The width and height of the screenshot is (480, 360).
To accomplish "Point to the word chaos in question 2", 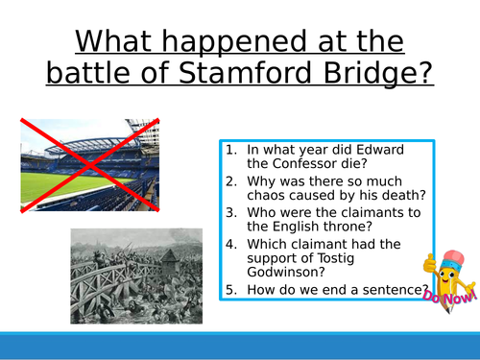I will tap(272, 197).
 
